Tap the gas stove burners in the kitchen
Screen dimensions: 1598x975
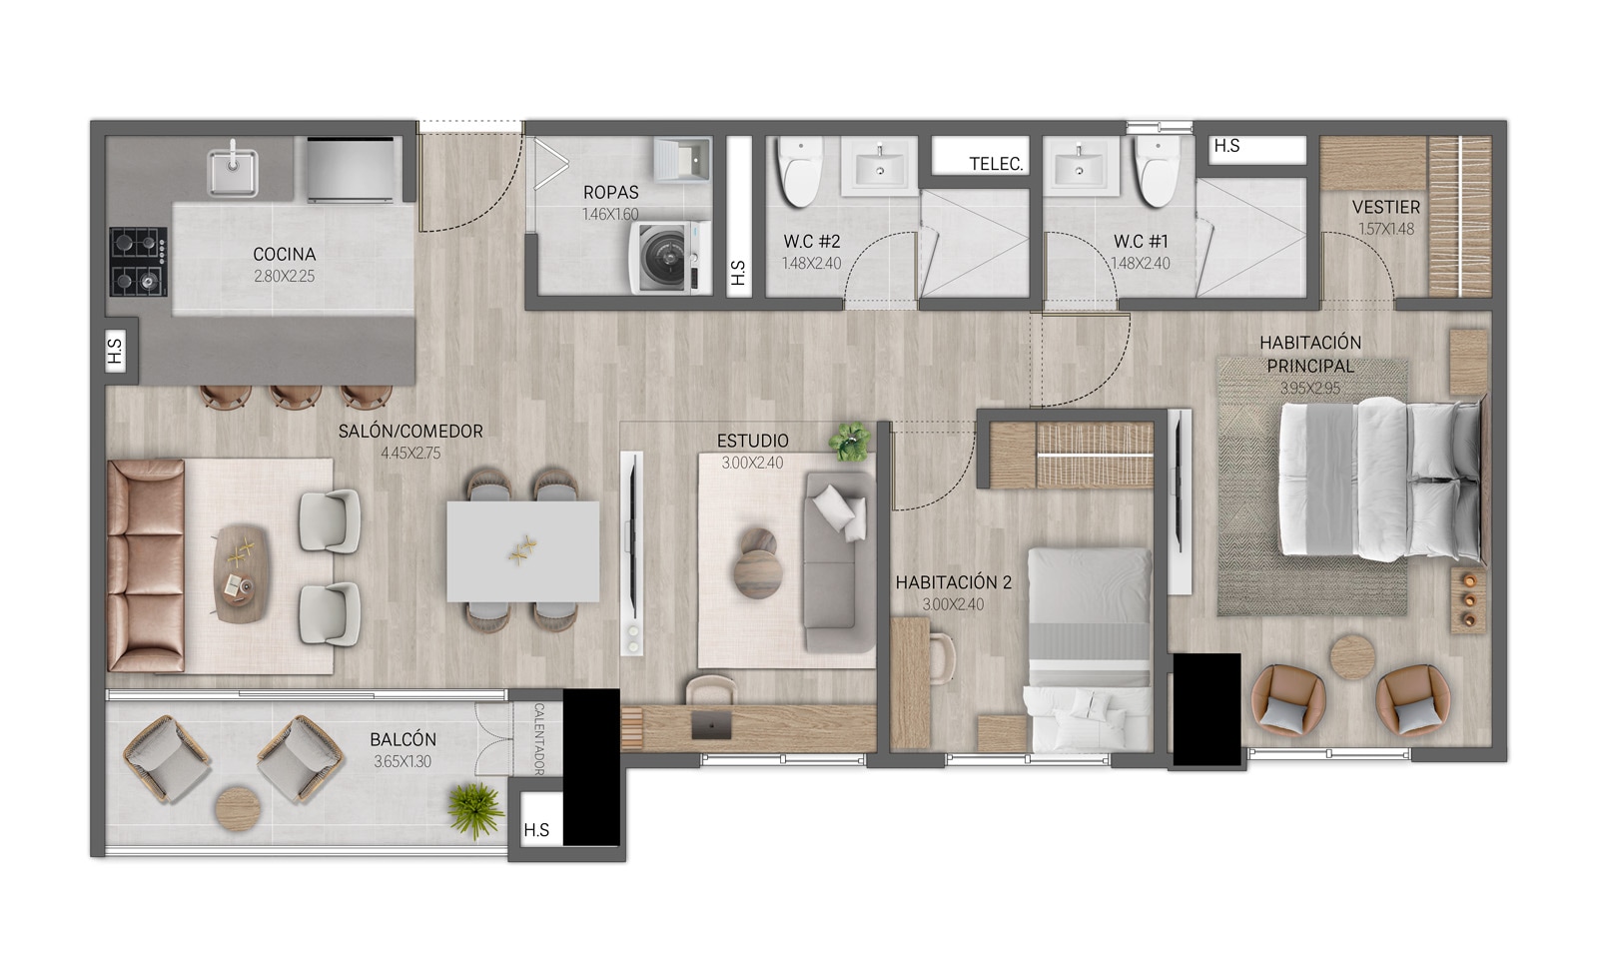(x=139, y=262)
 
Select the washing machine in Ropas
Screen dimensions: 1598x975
(x=669, y=258)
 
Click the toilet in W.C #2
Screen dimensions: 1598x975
(x=800, y=171)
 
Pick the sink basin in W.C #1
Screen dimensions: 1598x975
(x=1078, y=166)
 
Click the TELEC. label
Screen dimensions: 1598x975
(x=996, y=164)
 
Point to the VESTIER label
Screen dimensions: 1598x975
(x=1386, y=207)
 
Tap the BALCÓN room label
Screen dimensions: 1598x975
(x=403, y=739)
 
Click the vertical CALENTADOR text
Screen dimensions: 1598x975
(x=539, y=739)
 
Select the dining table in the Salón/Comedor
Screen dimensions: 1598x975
(x=523, y=551)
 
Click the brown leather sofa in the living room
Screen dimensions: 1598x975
(x=146, y=565)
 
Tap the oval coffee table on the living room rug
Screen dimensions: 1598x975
(x=242, y=573)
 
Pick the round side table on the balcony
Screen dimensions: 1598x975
(x=238, y=809)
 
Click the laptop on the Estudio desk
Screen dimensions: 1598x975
(x=711, y=725)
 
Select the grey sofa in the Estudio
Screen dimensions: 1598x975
(x=839, y=561)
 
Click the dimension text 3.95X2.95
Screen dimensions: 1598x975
(x=1309, y=389)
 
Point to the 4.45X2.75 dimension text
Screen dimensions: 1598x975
(x=410, y=453)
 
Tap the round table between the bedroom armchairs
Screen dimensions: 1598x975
(x=1352, y=656)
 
